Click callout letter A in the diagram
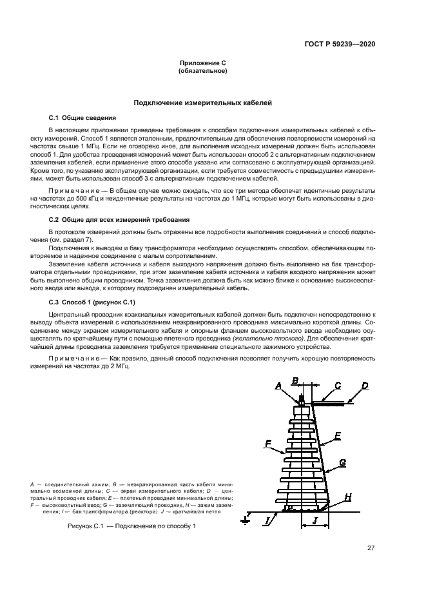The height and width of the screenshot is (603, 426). [x=279, y=386]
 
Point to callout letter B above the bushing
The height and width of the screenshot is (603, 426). [x=295, y=381]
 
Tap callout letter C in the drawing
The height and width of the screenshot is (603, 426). [x=338, y=386]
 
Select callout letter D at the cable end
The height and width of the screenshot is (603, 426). [x=364, y=386]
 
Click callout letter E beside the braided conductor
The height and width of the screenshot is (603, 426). [x=338, y=436]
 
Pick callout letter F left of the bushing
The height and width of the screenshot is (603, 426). [x=267, y=444]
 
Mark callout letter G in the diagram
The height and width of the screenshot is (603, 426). [x=342, y=462]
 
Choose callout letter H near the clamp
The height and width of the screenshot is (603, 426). [x=348, y=497]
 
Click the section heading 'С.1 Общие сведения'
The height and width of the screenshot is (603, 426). [x=82, y=118]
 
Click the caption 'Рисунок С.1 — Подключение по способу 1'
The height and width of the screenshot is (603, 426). [x=131, y=526]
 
